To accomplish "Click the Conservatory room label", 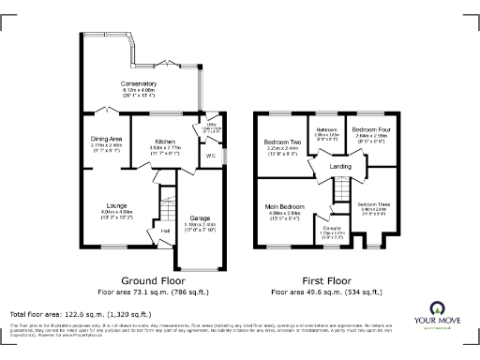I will pyautogui.click(x=138, y=84).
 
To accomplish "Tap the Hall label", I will pyautogui.click(x=165, y=230).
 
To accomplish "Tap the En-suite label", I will pyautogui.click(x=332, y=227).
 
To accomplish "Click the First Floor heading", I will pyautogui.click(x=326, y=280).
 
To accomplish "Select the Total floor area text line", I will pyautogui.click(x=81, y=314).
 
